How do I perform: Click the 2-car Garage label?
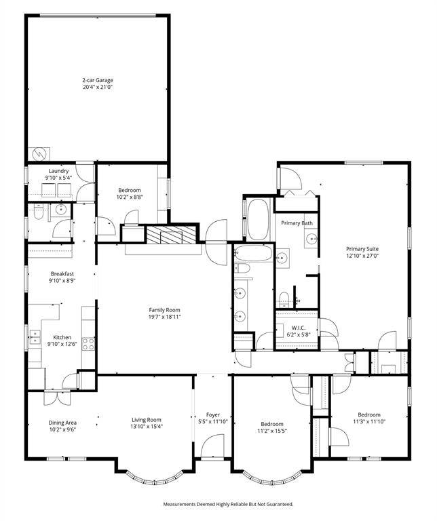98,80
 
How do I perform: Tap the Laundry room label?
58,171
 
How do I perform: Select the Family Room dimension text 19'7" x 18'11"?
164,317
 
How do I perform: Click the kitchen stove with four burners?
88,343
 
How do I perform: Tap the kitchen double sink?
35,337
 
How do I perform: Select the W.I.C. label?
299,328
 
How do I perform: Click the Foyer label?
212,414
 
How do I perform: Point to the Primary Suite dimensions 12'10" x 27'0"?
362,256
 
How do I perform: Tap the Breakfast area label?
62,274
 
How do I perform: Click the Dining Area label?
62,423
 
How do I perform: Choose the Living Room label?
146,420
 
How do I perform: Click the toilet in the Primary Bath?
284,298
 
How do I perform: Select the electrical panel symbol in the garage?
39,154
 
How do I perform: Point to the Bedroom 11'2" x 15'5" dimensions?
272,431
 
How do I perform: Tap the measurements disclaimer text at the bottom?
228,504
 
